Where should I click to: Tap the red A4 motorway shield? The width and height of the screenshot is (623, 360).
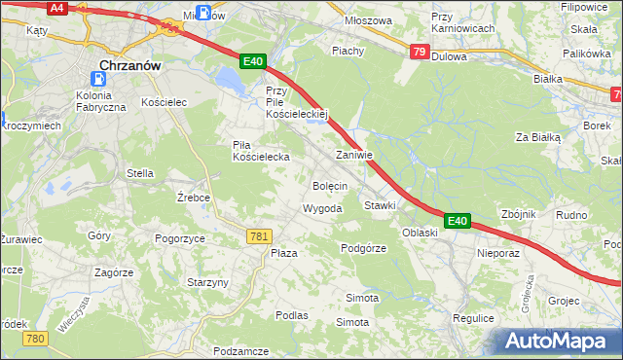coord(57,8)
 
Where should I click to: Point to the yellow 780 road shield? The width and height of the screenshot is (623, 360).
coord(36,338)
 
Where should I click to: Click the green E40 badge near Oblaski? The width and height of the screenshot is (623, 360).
coord(458,222)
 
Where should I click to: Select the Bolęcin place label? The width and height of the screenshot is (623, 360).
coord(329,185)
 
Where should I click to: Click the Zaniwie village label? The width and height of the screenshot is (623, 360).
coord(353,156)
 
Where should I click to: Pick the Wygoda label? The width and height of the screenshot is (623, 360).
coord(322,209)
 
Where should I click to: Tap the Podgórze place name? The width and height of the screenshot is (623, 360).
coord(363,248)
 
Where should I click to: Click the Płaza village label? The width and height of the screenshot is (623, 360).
coord(283,253)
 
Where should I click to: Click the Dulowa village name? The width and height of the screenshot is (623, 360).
coord(449,56)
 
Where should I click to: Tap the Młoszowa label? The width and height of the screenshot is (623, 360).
coord(369,20)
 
